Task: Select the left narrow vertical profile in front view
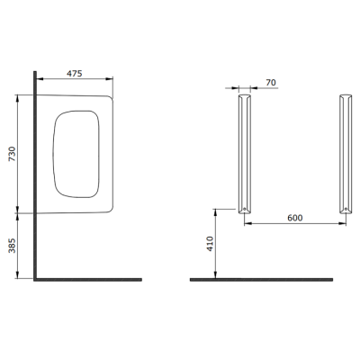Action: pyautogui.click(x=244, y=153)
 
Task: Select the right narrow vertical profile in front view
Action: pyautogui.click(x=345, y=153)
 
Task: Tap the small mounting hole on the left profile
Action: pyautogui.click(x=244, y=211)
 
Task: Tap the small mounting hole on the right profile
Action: pyautogui.click(x=345, y=211)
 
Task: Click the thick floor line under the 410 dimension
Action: pyautogui.click(x=261, y=280)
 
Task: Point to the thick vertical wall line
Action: pyautogui.click(x=35, y=180)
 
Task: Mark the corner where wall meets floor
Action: pyautogui.click(x=35, y=280)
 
